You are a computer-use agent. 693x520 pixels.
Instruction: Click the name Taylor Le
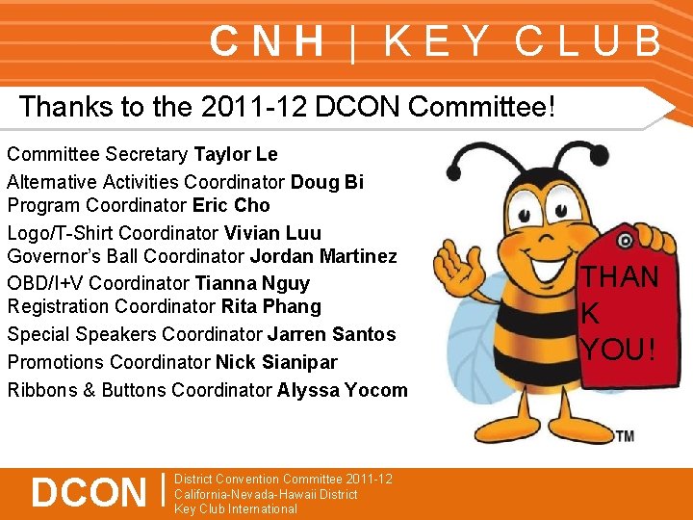tap(236, 154)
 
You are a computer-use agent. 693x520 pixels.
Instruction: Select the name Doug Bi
tap(327, 182)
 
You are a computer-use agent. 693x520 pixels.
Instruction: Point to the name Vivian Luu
tap(272, 233)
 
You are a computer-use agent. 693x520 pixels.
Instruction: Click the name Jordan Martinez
tap(323, 256)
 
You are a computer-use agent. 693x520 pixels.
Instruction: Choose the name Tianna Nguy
tap(252, 283)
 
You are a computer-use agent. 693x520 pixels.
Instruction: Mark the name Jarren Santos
tap(331, 334)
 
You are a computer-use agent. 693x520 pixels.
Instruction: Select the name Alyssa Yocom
tap(342, 390)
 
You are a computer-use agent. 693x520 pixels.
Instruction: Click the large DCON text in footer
tap(88, 492)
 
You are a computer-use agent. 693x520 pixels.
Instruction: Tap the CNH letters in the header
tap(268, 41)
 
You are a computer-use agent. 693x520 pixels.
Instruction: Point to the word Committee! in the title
tap(482, 107)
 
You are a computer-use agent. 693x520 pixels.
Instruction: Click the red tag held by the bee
tap(620, 308)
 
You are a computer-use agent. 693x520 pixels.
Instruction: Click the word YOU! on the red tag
tap(618, 349)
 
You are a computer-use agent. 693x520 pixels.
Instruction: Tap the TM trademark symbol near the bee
tap(625, 436)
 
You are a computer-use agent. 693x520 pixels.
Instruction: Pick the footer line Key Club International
tap(236, 509)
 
